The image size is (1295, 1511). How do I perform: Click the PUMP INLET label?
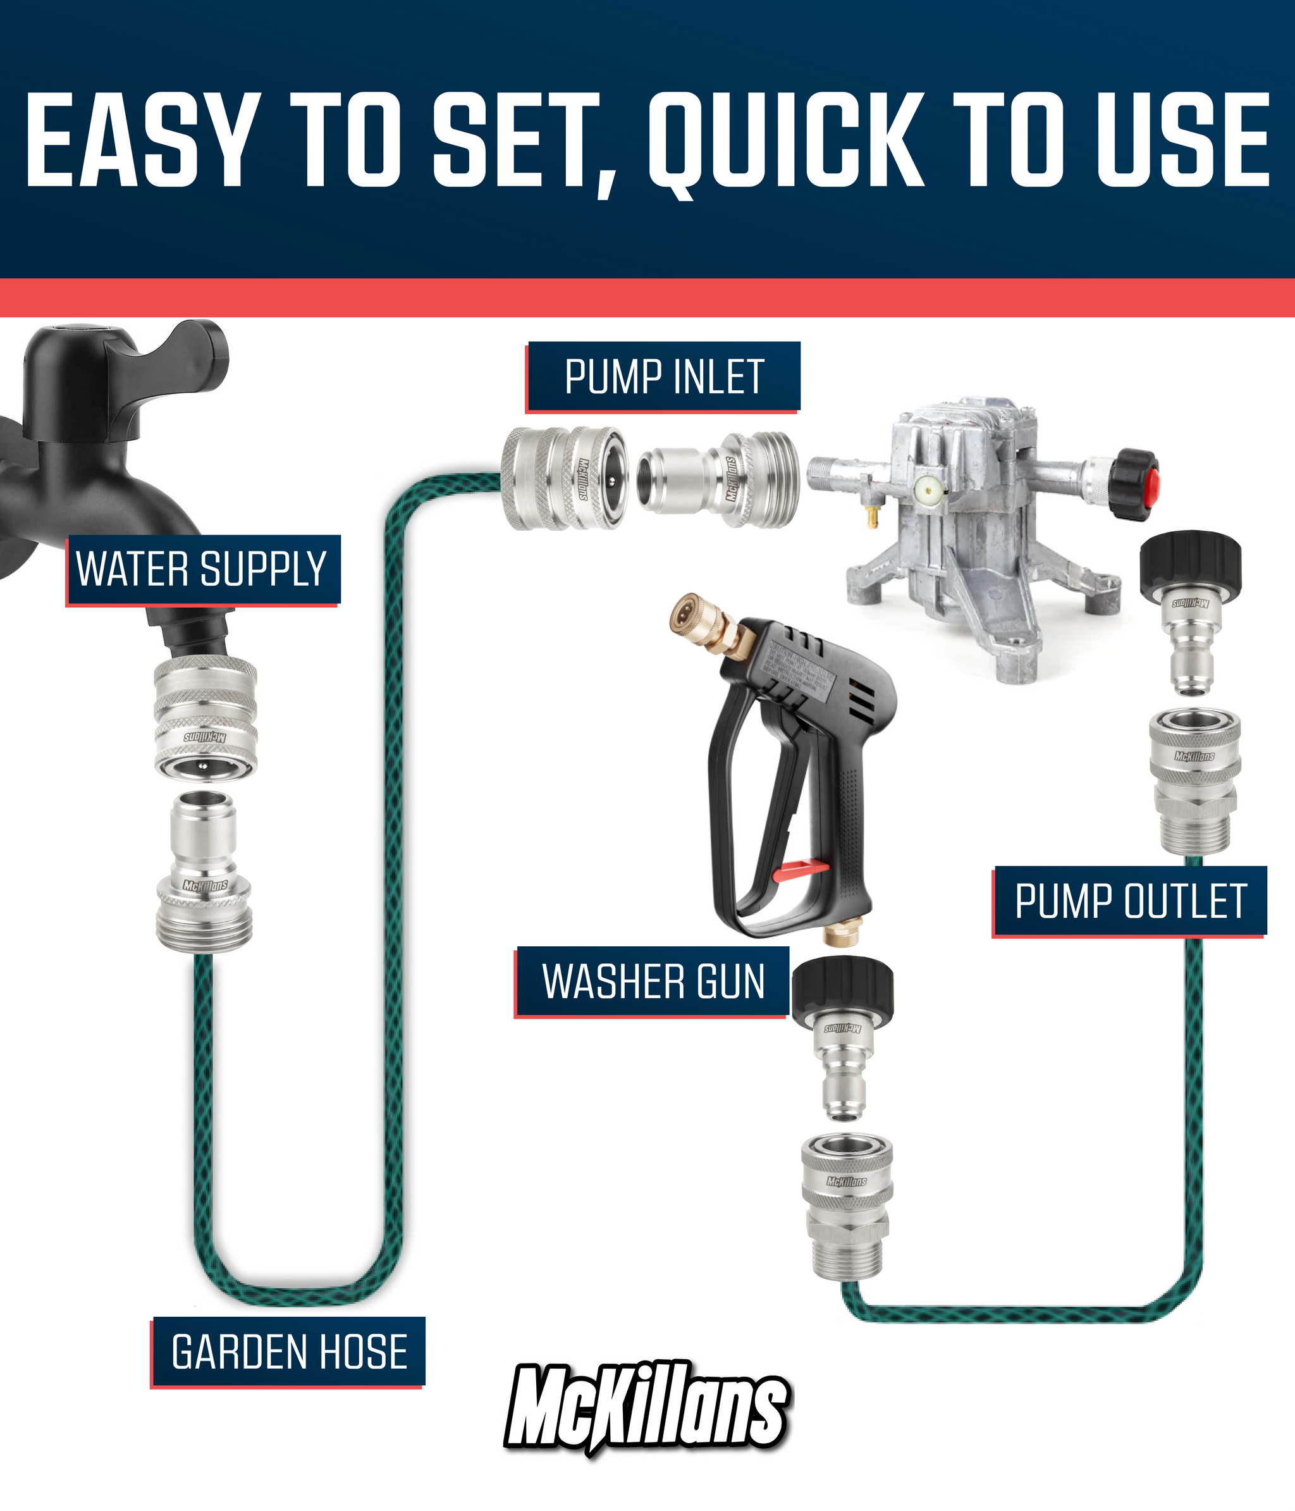click(663, 376)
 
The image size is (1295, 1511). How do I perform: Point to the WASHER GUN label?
click(653, 981)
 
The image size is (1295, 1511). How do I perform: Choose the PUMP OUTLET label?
click(1129, 901)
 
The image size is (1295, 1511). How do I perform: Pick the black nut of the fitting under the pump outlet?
click(1190, 565)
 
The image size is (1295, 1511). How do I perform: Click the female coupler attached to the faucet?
click(206, 718)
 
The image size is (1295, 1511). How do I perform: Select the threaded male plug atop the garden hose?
click(205, 871)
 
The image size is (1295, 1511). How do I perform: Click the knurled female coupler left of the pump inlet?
click(562, 478)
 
